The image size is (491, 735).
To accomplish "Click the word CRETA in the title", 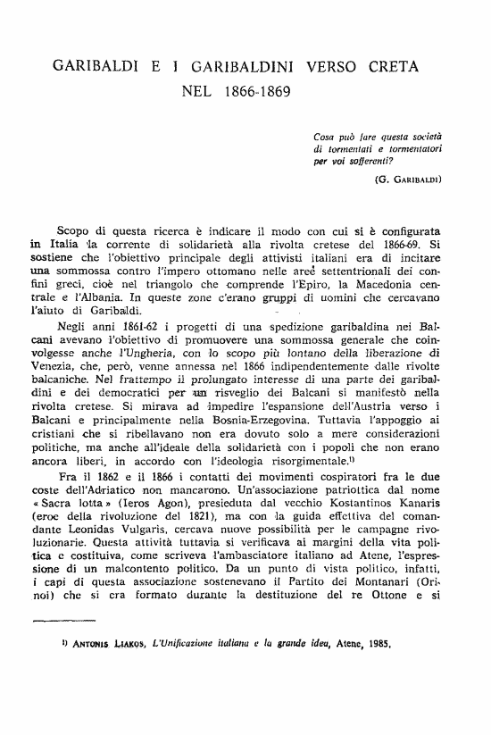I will tap(386, 66).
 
